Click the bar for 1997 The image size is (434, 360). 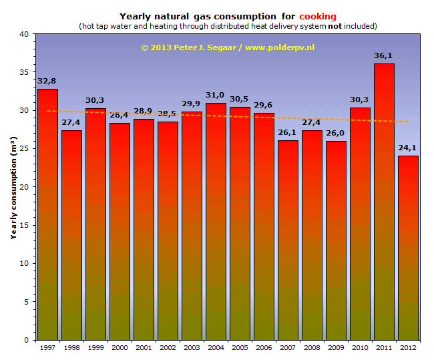(47, 214)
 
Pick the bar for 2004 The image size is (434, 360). (216, 221)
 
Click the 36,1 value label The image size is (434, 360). (384, 56)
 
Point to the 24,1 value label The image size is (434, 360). (408, 148)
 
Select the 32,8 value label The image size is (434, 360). (47, 81)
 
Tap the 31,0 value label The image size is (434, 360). (216, 96)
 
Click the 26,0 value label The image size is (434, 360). (336, 134)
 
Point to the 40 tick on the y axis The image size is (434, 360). (24, 34)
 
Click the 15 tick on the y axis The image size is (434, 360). (24, 225)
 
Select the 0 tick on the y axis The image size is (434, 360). (26, 340)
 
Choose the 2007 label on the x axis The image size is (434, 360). (288, 348)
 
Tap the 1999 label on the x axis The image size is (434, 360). (95, 348)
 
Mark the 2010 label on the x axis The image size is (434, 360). (360, 348)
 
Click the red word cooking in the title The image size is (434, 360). (318, 16)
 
